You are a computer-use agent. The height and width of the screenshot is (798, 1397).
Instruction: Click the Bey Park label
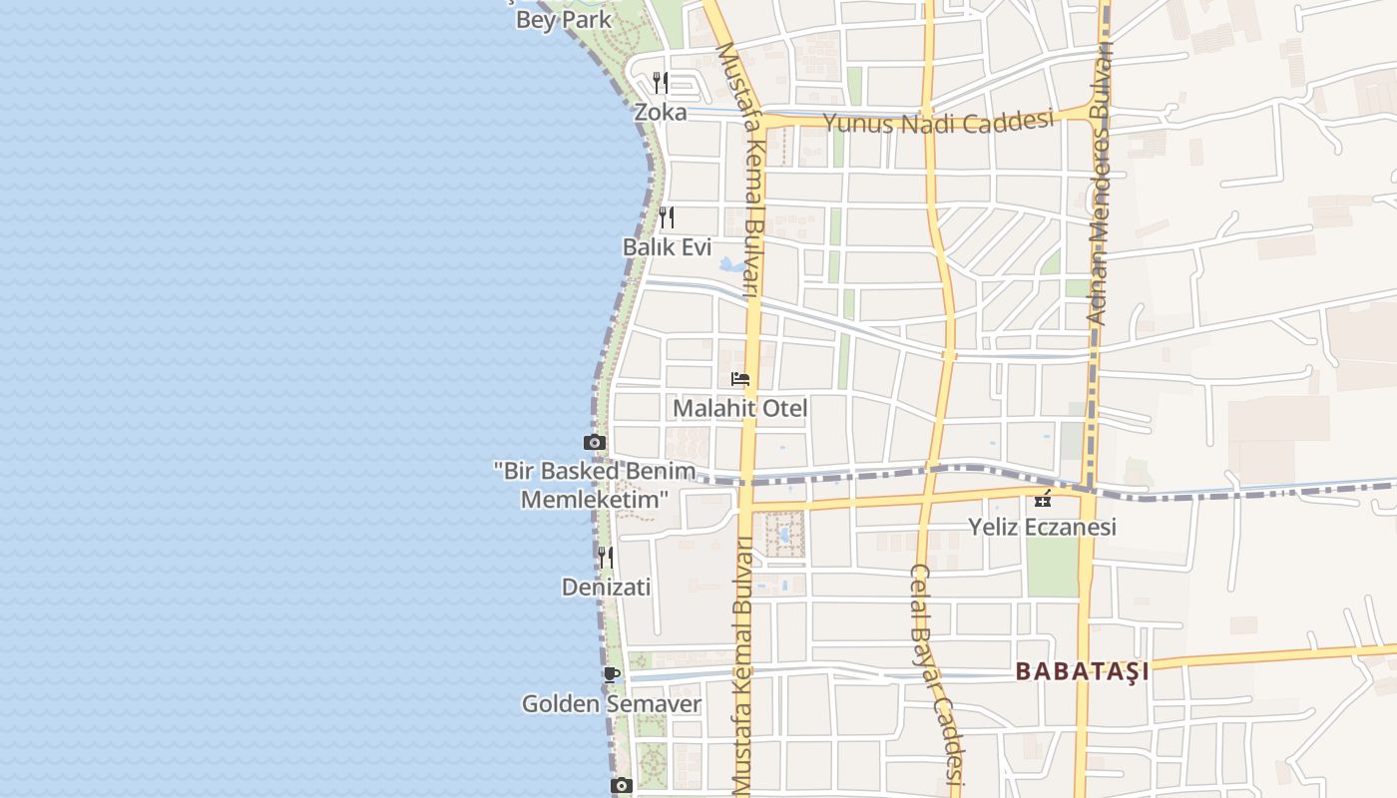pos(564,19)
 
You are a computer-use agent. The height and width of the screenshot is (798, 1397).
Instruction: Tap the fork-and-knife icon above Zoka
pos(661,82)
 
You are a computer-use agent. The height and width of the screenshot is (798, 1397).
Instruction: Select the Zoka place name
pos(661,112)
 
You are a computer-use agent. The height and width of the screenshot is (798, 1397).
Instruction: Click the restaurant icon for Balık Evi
pos(667,216)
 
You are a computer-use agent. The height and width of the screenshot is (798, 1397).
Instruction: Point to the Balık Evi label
pos(667,247)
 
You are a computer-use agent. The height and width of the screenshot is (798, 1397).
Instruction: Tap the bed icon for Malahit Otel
pos(740,379)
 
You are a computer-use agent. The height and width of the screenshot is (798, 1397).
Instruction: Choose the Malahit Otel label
pos(740,408)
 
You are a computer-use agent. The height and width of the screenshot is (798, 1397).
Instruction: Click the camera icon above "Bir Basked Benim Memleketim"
pos(595,442)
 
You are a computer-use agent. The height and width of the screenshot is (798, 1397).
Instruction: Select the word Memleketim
pos(595,499)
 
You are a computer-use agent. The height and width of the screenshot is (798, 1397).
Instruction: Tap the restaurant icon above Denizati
pos(606,557)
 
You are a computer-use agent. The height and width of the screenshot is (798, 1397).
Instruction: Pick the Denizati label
pos(606,588)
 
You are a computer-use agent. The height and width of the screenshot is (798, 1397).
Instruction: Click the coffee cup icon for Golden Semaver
pos(612,674)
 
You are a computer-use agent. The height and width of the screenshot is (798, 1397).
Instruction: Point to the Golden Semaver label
pos(612,704)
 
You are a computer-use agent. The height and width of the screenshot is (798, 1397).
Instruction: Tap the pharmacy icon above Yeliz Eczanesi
pos(1043,499)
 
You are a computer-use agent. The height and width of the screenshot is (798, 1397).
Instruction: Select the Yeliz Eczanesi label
pos(1042,527)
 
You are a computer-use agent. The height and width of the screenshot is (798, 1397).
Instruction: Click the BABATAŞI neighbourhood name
pos(1083,671)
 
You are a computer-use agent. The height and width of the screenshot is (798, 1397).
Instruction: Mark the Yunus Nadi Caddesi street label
pos(938,123)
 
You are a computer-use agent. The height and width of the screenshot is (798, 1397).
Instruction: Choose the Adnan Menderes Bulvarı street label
pos(1099,170)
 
